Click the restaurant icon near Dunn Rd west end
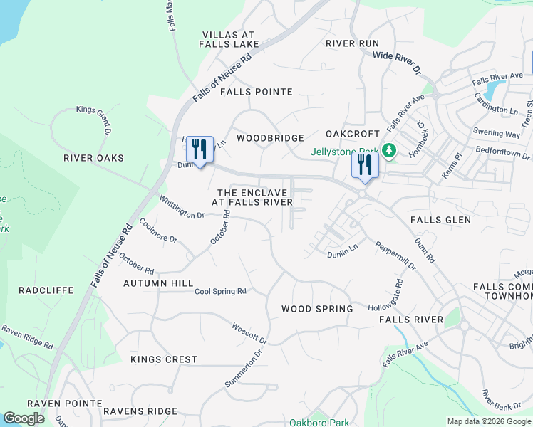click(x=200, y=149)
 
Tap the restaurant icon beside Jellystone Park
click(x=365, y=166)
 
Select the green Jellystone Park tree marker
click(x=388, y=151)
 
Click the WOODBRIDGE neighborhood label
click(x=271, y=138)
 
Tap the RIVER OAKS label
click(x=93, y=158)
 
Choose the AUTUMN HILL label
click(x=158, y=283)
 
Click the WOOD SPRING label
click(x=317, y=309)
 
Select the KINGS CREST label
click(x=164, y=359)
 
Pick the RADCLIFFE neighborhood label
click(x=43, y=290)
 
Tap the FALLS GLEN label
click(x=440, y=220)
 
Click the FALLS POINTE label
click(x=257, y=92)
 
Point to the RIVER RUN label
click(x=353, y=43)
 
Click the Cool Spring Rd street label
click(x=220, y=291)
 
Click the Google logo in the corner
click(x=24, y=418)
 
